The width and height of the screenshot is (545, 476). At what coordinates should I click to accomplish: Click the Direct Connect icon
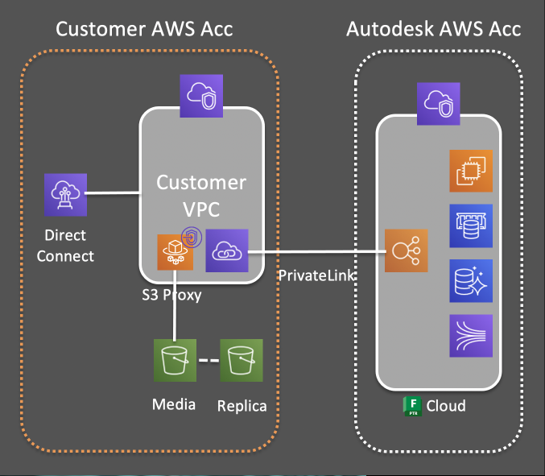point(65,194)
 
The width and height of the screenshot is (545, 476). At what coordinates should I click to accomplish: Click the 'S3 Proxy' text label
point(171,295)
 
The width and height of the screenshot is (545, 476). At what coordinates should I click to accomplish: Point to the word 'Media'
point(174,404)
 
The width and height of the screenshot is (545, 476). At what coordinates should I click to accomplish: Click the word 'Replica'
point(242,406)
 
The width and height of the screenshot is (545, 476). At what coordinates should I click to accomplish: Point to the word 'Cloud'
point(446,405)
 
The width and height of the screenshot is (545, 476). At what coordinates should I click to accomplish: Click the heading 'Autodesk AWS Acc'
point(433,30)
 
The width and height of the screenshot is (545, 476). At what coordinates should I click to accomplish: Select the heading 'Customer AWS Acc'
point(144,30)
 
